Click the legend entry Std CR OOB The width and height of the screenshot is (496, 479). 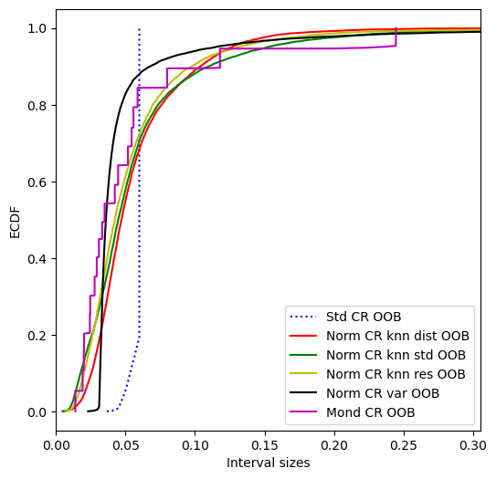pyautogui.click(x=364, y=317)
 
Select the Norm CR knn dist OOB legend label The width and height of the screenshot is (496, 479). pyautogui.click(x=397, y=336)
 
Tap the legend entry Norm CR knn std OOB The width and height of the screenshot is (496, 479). pyautogui.click(x=396, y=355)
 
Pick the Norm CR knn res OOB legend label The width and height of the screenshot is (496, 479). pyautogui.click(x=396, y=374)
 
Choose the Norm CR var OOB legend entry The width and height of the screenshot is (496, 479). pyautogui.click(x=383, y=393)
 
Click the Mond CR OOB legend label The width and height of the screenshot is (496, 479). pyautogui.click(x=371, y=412)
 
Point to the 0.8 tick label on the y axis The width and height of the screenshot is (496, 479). pyautogui.click(x=37, y=106)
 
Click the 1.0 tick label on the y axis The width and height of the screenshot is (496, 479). pyautogui.click(x=37, y=29)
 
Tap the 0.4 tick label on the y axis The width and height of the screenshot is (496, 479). pyautogui.click(x=37, y=259)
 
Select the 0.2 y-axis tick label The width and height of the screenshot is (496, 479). pyautogui.click(x=37, y=336)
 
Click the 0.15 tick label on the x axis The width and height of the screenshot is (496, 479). pyautogui.click(x=265, y=445)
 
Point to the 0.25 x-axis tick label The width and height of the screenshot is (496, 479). pyautogui.click(x=404, y=445)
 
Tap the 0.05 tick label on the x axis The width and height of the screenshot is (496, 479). pyautogui.click(x=125, y=445)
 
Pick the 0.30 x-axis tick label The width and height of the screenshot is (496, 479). pyautogui.click(x=473, y=445)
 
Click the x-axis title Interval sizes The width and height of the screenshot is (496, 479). pyautogui.click(x=269, y=463)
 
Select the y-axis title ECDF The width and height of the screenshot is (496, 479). pyautogui.click(x=15, y=222)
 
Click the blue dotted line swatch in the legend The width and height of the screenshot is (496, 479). pyautogui.click(x=303, y=317)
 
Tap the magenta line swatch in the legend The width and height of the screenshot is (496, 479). pyautogui.click(x=303, y=411)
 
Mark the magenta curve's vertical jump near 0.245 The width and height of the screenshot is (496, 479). pyautogui.click(x=396, y=37)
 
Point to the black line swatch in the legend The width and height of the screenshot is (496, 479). pyautogui.click(x=303, y=392)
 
